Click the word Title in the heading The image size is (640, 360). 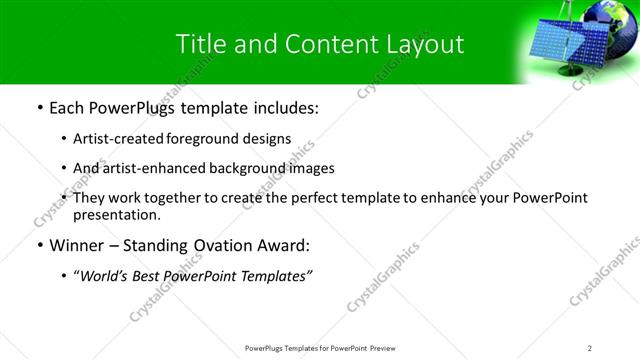tap(197, 44)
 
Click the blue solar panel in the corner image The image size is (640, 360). tap(565, 50)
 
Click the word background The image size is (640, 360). tap(245, 168)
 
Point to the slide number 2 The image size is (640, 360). tap(590, 348)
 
